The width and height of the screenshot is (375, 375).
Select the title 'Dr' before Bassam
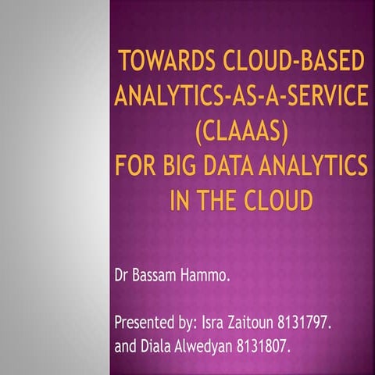[123, 276]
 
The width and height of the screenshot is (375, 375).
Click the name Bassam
[159, 276]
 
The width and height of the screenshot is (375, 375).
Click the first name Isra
[214, 322]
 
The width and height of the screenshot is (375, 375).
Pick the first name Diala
[159, 345]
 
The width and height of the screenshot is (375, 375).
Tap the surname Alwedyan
[209, 346]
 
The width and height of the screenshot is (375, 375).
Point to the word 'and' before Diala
[126, 345]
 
